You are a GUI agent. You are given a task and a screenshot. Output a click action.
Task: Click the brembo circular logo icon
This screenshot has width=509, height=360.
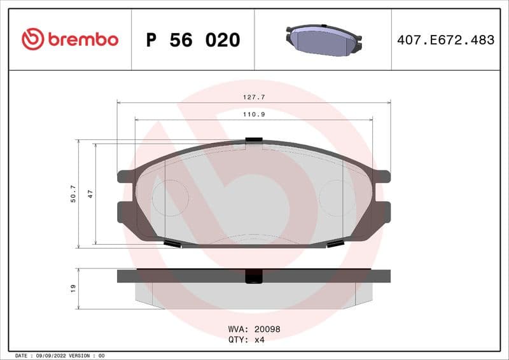click(32, 39)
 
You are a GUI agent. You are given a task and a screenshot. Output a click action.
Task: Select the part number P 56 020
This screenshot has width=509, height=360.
click(193, 40)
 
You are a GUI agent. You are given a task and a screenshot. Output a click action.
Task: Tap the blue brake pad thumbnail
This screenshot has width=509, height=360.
click(323, 40)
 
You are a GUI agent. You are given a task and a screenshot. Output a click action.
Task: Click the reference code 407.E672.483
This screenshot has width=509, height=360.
click(445, 40)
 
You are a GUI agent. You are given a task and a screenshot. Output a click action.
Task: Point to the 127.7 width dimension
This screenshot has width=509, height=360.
click(254, 97)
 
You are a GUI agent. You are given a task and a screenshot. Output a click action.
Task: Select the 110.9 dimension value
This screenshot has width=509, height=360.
click(254, 114)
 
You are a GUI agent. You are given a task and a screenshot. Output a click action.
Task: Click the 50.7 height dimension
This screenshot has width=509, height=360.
click(73, 194)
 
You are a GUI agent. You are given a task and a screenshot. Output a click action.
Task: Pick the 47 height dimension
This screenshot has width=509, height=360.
click(90, 194)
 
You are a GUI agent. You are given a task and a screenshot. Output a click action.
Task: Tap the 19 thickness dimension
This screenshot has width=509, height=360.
click(73, 288)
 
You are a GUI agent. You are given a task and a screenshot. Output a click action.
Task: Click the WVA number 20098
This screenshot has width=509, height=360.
click(267, 329)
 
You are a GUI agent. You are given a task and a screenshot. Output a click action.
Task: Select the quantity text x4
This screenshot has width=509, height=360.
click(259, 340)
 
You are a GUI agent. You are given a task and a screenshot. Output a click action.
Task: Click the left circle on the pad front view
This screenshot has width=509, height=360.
click(169, 197)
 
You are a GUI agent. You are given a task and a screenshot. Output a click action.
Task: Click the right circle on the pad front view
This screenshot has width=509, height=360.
click(337, 197)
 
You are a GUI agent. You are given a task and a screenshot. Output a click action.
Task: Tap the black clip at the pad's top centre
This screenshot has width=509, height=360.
click(254, 140)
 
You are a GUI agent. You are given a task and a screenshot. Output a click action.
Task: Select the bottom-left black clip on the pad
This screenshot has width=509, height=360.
click(172, 244)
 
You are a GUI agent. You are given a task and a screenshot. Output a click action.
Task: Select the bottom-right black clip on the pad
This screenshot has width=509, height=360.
click(335, 244)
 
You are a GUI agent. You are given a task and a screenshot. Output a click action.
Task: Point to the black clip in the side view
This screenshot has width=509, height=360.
click(254, 276)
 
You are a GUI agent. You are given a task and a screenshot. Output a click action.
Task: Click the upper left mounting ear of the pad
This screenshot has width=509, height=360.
click(125, 177)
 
